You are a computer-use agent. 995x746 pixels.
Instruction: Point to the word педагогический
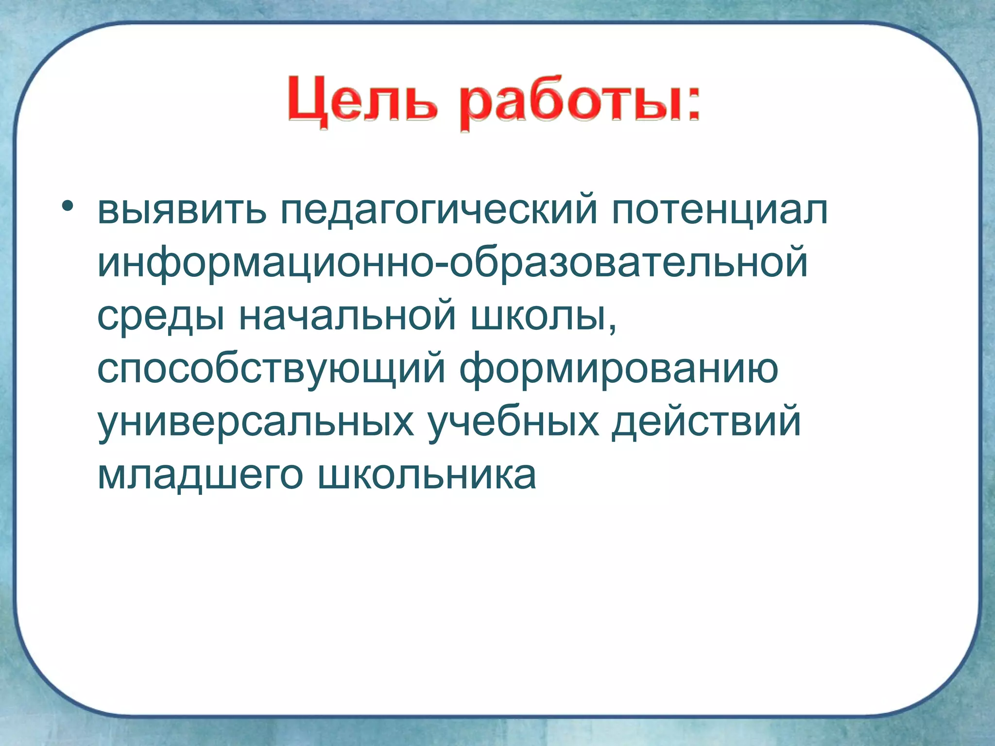point(438,212)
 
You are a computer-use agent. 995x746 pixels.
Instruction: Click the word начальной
point(347,316)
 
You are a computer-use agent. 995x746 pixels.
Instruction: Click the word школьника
point(427,475)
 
